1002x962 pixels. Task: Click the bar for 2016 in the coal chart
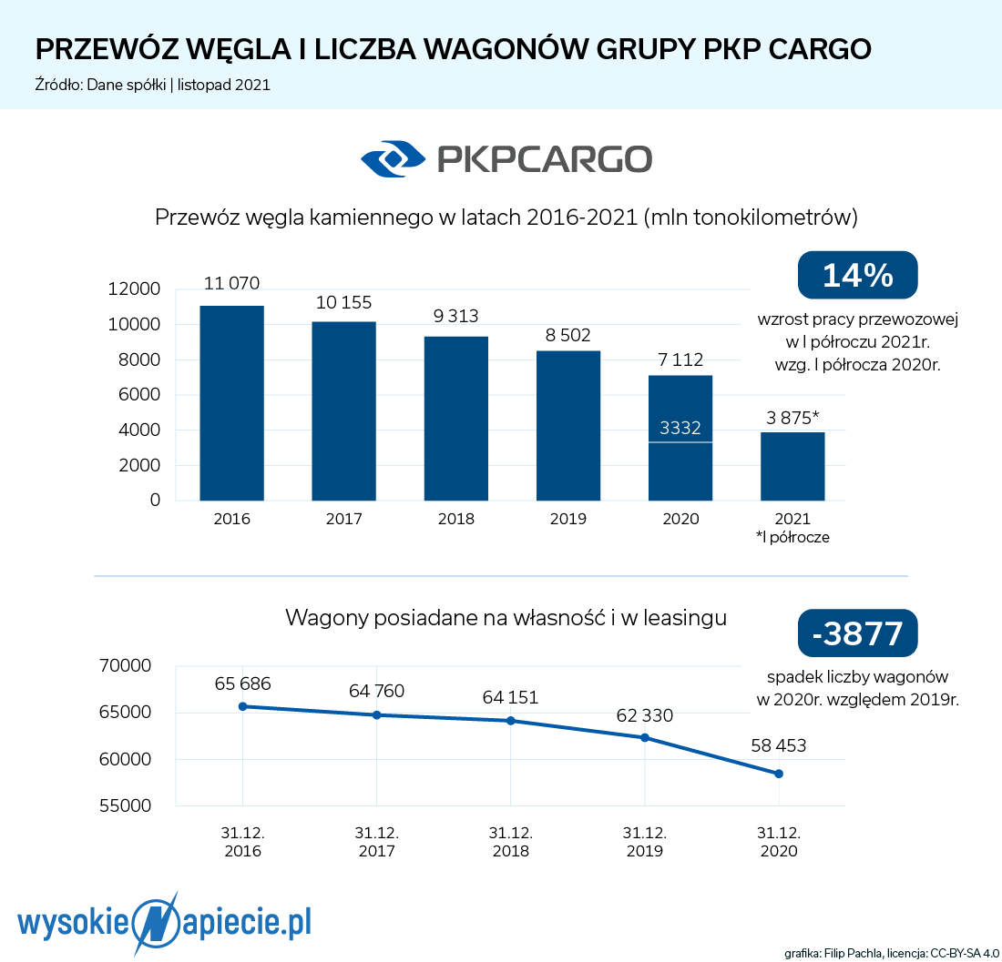point(231,403)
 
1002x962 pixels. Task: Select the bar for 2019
point(568,426)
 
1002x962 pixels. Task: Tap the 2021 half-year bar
point(792,466)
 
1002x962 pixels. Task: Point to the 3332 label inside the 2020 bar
point(680,429)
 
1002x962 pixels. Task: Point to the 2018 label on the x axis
point(456,520)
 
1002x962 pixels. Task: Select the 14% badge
point(857,275)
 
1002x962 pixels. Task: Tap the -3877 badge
point(857,633)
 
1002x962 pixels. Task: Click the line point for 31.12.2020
point(779,774)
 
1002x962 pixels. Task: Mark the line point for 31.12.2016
point(242,706)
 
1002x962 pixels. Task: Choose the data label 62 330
point(645,716)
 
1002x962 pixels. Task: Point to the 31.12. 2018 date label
point(511,843)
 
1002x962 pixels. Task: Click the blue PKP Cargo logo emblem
point(393,158)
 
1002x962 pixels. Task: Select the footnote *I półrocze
point(792,537)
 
